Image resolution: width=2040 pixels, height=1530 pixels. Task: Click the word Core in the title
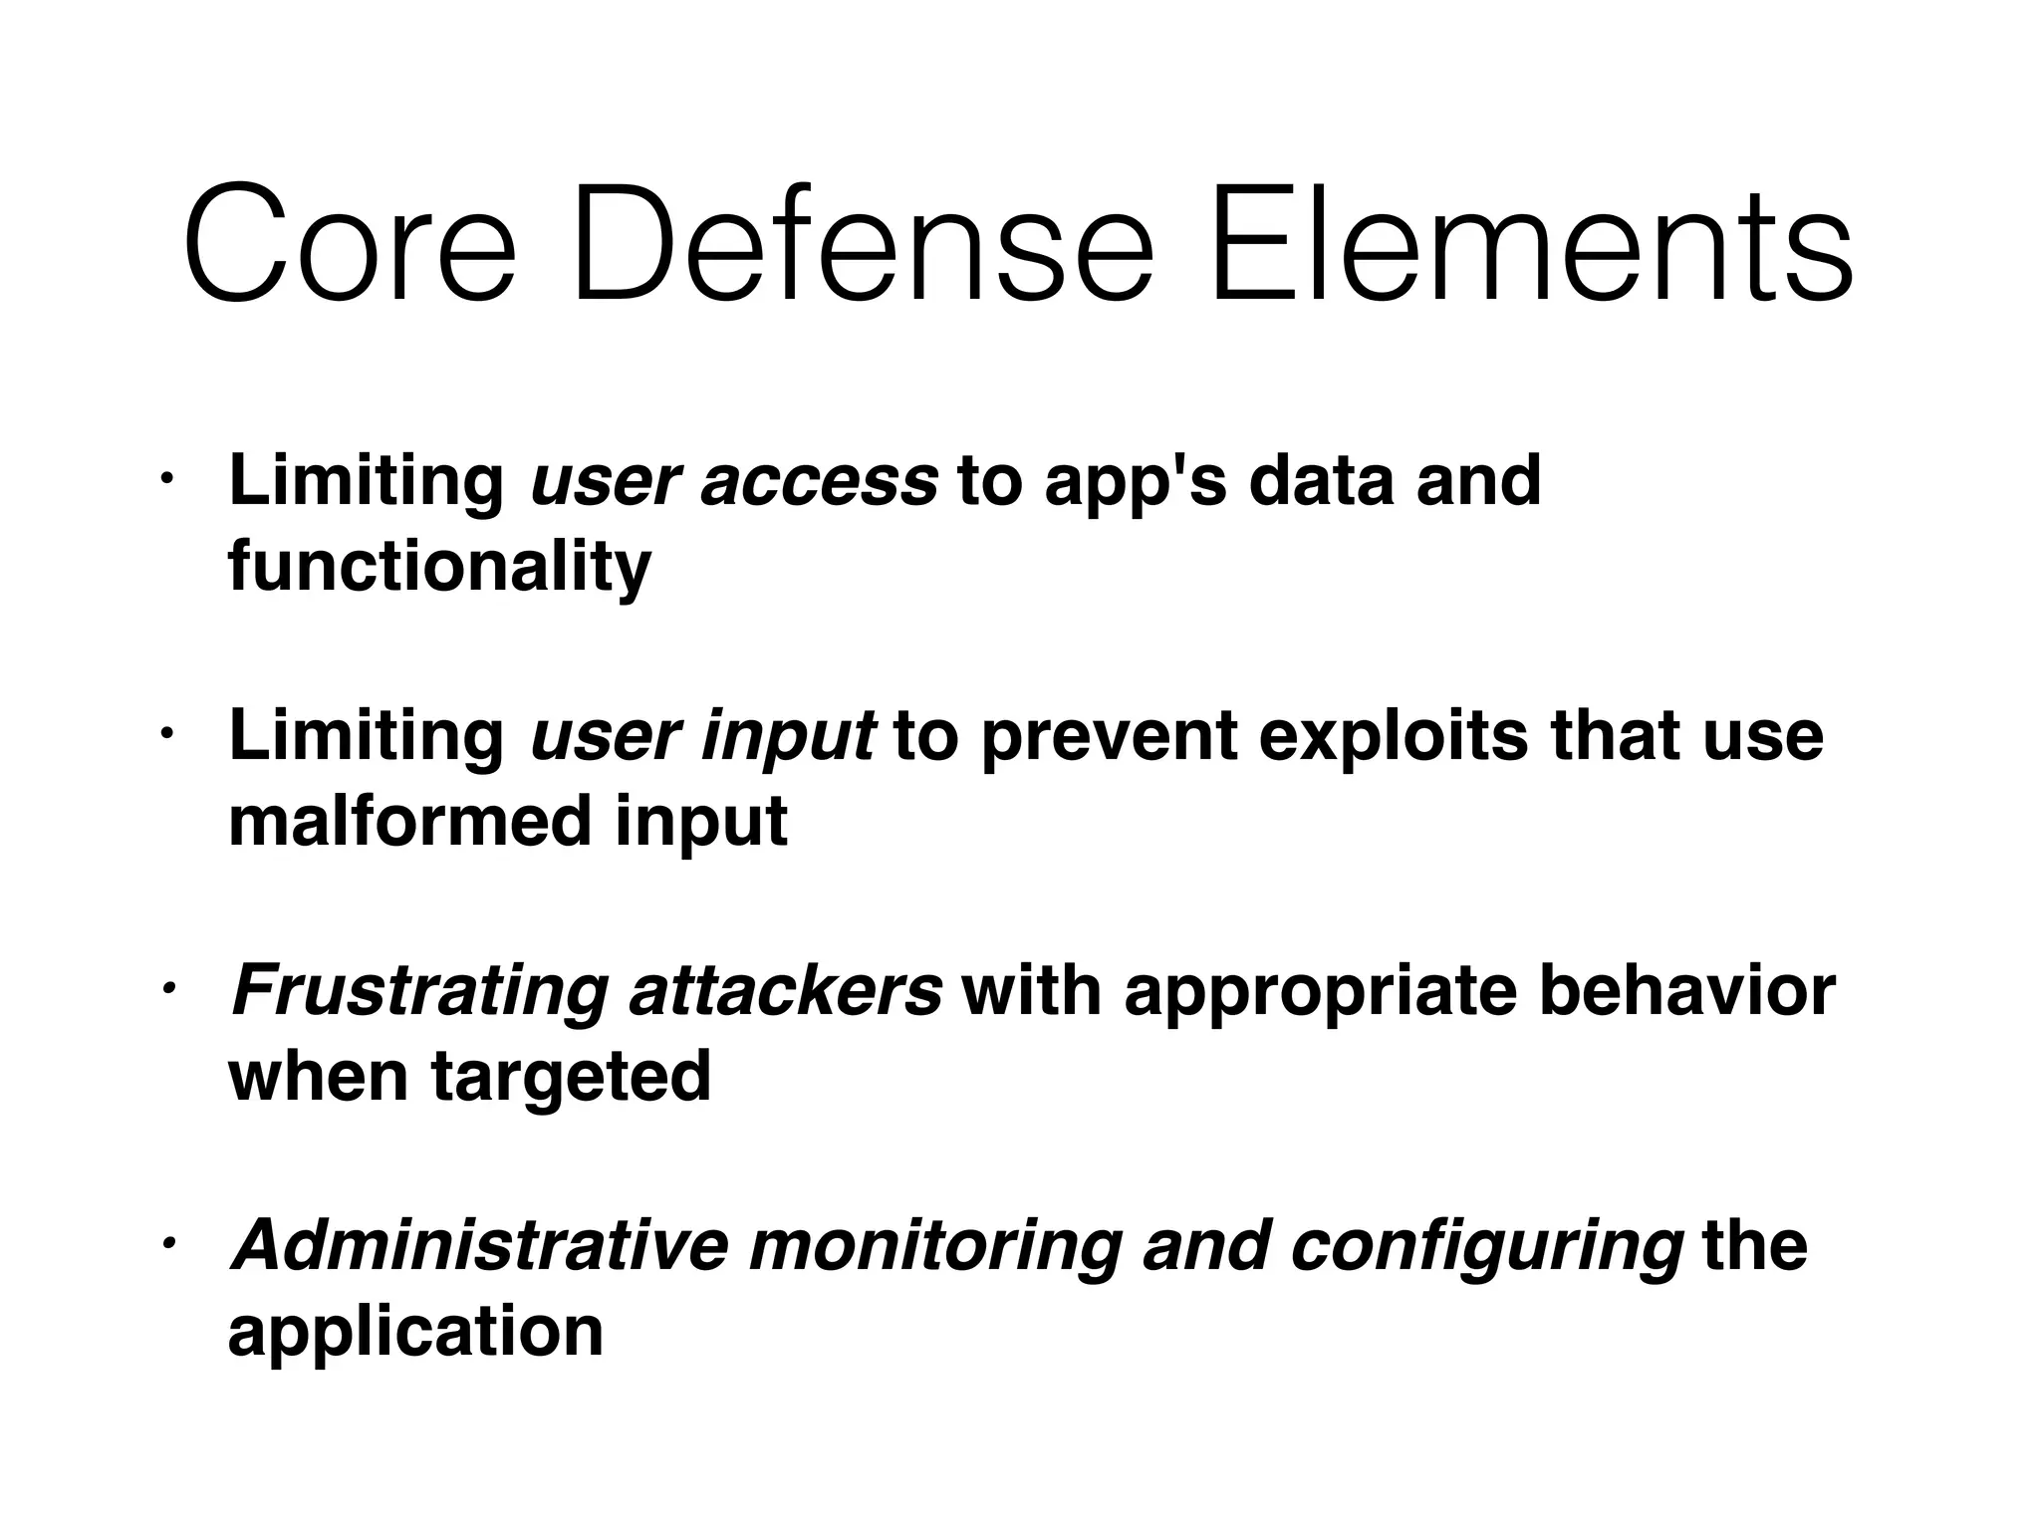point(349,244)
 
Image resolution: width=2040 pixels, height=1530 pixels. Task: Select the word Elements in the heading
point(1529,244)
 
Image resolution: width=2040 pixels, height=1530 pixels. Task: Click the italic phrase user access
point(734,481)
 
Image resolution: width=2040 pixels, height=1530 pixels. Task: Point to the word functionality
point(439,568)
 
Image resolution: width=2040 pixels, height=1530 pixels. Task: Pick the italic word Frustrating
point(418,993)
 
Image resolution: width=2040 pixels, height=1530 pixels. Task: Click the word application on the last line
point(415,1333)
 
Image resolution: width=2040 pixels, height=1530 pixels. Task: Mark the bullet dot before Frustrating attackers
point(168,988)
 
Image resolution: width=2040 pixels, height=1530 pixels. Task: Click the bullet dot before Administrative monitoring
point(168,1243)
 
